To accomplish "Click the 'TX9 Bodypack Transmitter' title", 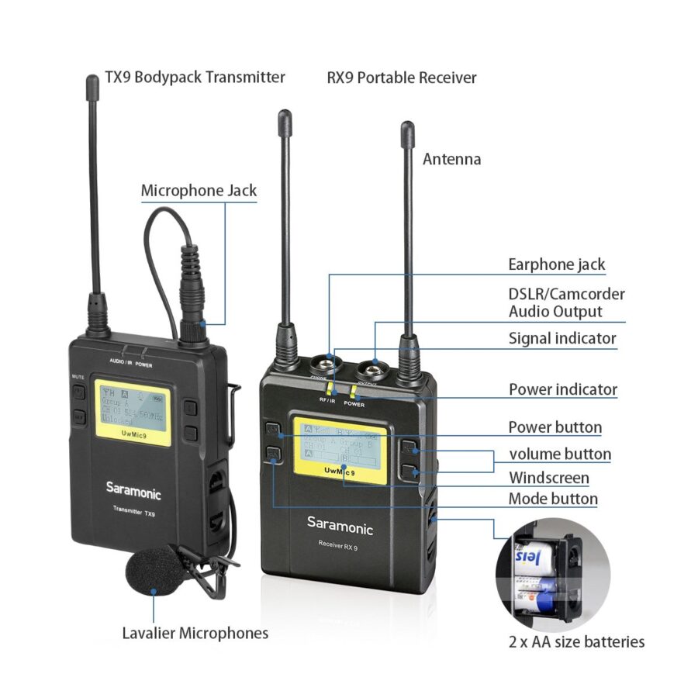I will (195, 78).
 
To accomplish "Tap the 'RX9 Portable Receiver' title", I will (402, 78).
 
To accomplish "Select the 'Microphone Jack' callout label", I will (199, 190).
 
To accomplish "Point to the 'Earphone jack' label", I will (556, 264).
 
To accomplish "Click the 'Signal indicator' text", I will (562, 338).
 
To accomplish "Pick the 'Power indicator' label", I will (563, 389).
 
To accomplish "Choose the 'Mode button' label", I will (553, 499).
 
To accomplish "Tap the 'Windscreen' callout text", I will (548, 478).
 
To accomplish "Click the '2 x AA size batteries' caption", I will (576, 641).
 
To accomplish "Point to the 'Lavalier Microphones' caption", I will (195, 633).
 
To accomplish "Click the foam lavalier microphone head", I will (152, 572).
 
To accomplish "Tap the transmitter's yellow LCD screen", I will (133, 413).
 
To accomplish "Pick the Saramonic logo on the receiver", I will (340, 525).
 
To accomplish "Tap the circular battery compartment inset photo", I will (553, 575).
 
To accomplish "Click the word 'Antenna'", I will (451, 159).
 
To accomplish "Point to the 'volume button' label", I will (560, 454).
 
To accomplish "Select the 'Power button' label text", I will (555, 427).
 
